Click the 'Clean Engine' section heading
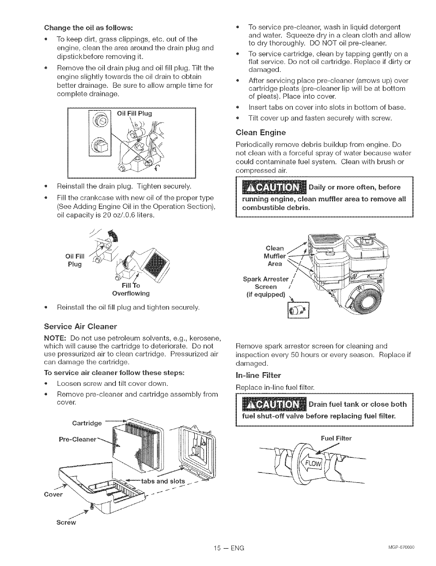(x=260, y=133)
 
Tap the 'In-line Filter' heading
(x=258, y=376)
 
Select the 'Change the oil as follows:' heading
(x=88, y=27)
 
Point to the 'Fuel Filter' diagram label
(x=336, y=438)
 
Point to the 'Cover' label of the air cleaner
(x=53, y=494)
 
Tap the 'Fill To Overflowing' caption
(x=131, y=289)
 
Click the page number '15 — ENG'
(x=228, y=548)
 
